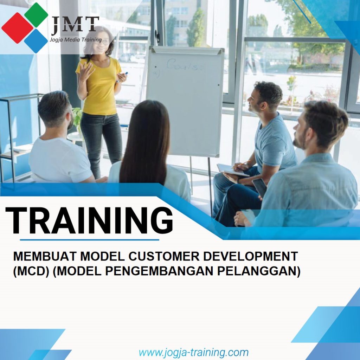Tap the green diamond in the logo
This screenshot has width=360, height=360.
pyautogui.click(x=36, y=14)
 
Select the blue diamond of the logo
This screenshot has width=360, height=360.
pyautogui.click(x=36, y=41)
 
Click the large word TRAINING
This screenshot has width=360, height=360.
pyautogui.click(x=89, y=221)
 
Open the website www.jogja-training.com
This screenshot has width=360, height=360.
pyautogui.click(x=193, y=352)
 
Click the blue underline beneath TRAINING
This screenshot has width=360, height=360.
pyautogui.click(x=89, y=240)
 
